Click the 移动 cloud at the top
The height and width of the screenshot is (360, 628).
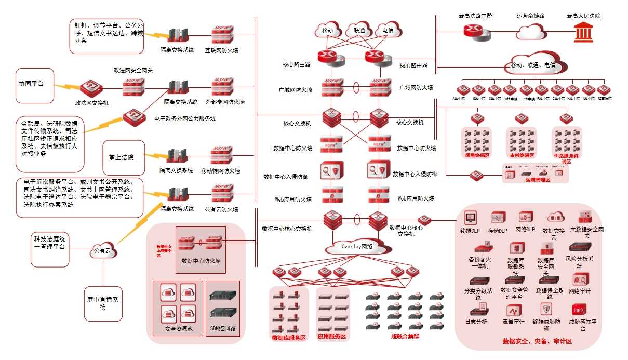click(327, 30)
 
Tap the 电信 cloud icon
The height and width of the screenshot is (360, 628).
click(388, 30)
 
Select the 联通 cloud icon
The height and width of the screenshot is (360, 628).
click(359, 30)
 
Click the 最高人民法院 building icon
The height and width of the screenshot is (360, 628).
click(584, 33)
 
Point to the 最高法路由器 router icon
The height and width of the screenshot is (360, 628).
click(476, 32)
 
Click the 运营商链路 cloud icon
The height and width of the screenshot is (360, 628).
click(531, 32)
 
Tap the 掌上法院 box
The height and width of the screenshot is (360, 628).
click(124, 157)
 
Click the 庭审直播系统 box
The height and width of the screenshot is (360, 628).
click(103, 303)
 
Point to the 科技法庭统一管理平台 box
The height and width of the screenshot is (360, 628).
click(50, 250)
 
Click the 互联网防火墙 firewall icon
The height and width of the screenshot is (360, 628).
click(222, 35)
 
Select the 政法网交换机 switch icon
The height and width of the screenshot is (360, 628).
click(91, 88)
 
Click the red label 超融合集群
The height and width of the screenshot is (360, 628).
click(405, 336)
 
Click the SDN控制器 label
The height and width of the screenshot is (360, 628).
click(223, 328)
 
